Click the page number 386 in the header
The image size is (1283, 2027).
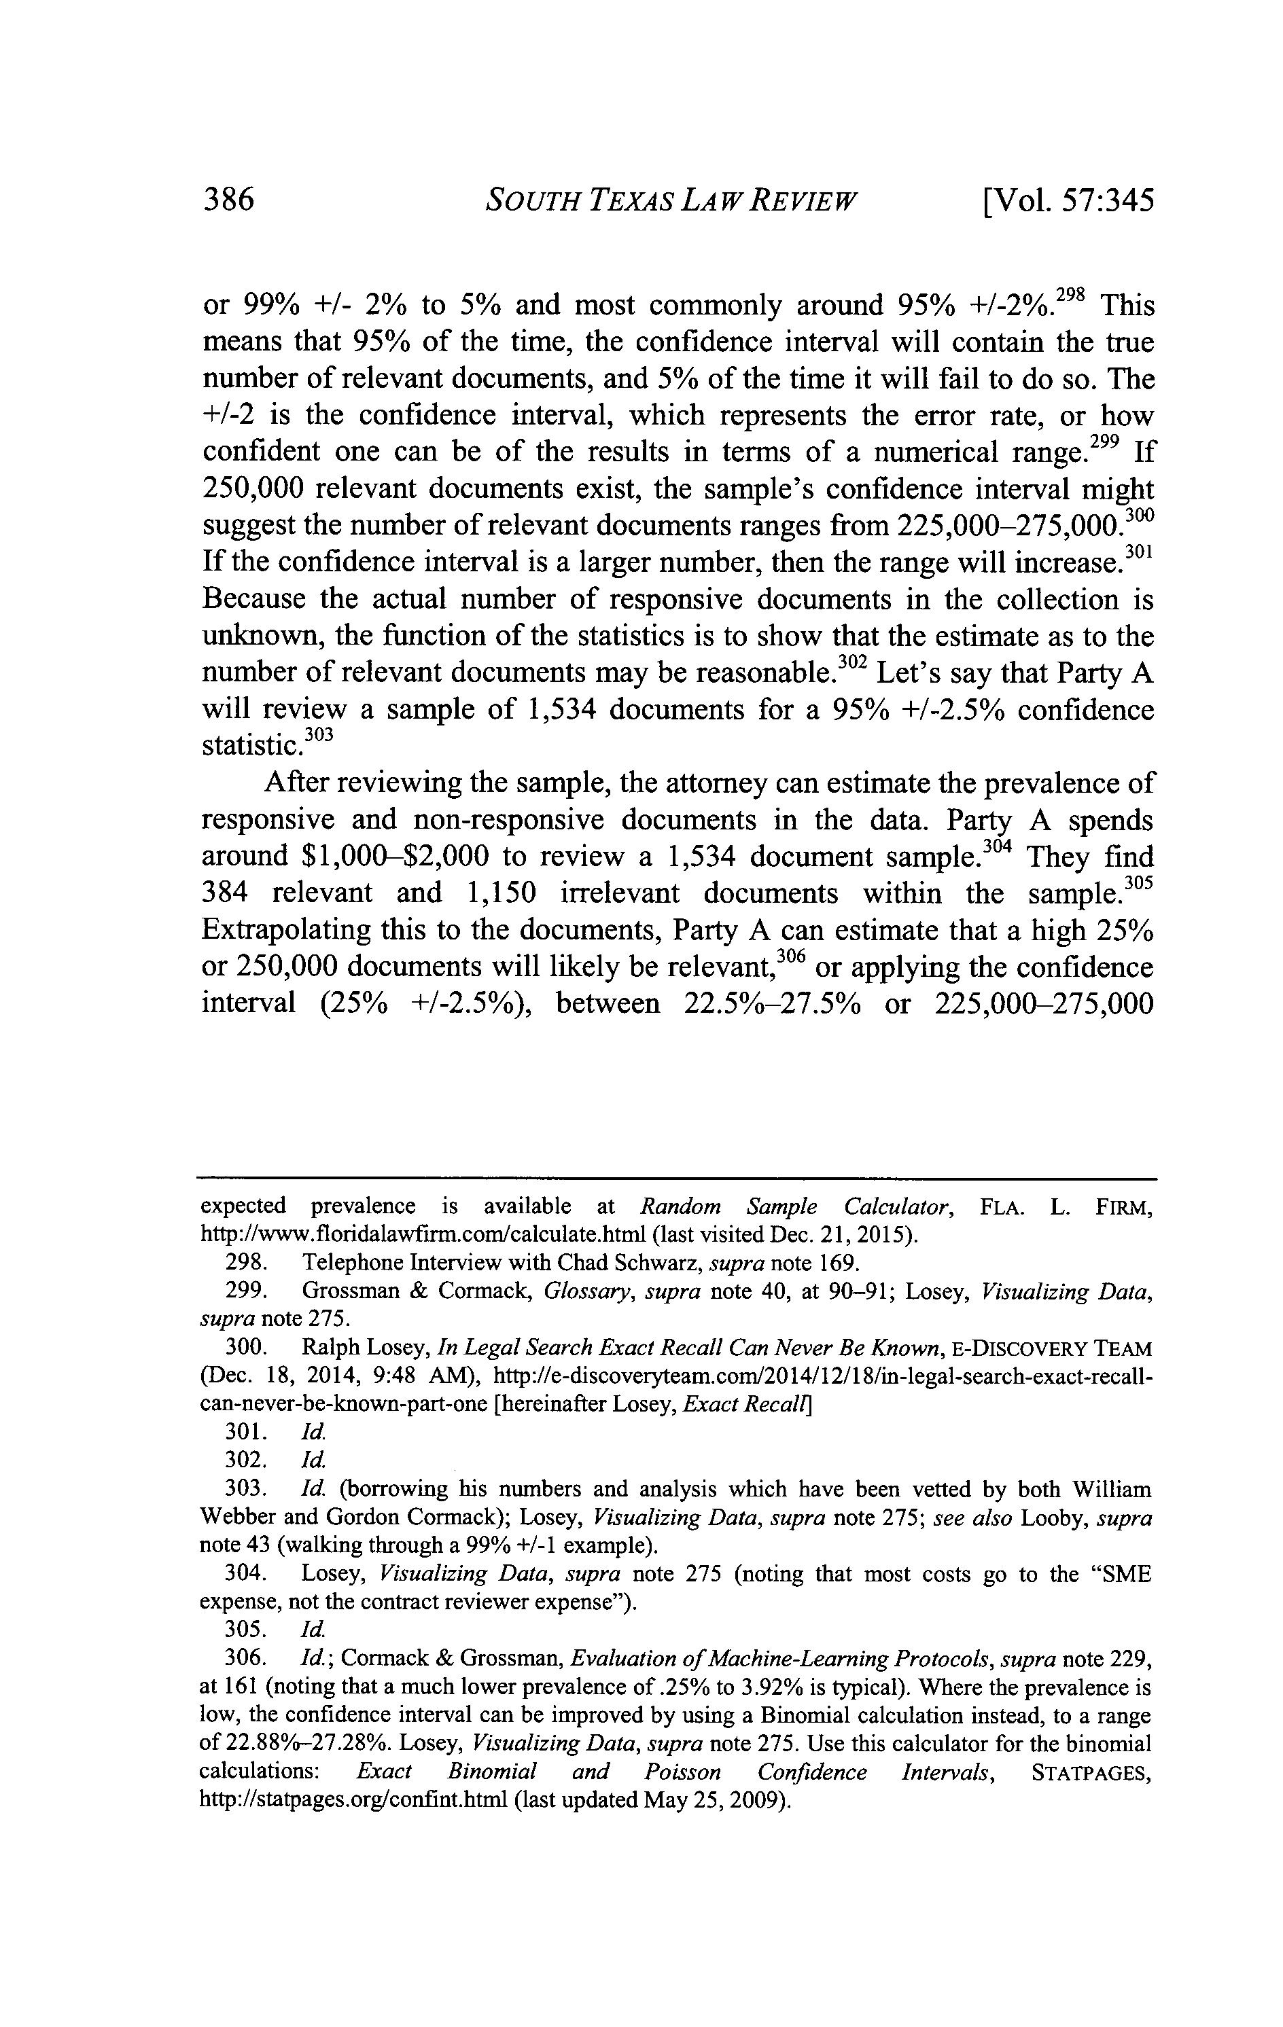pos(229,201)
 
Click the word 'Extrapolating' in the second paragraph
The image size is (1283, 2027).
pos(285,930)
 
